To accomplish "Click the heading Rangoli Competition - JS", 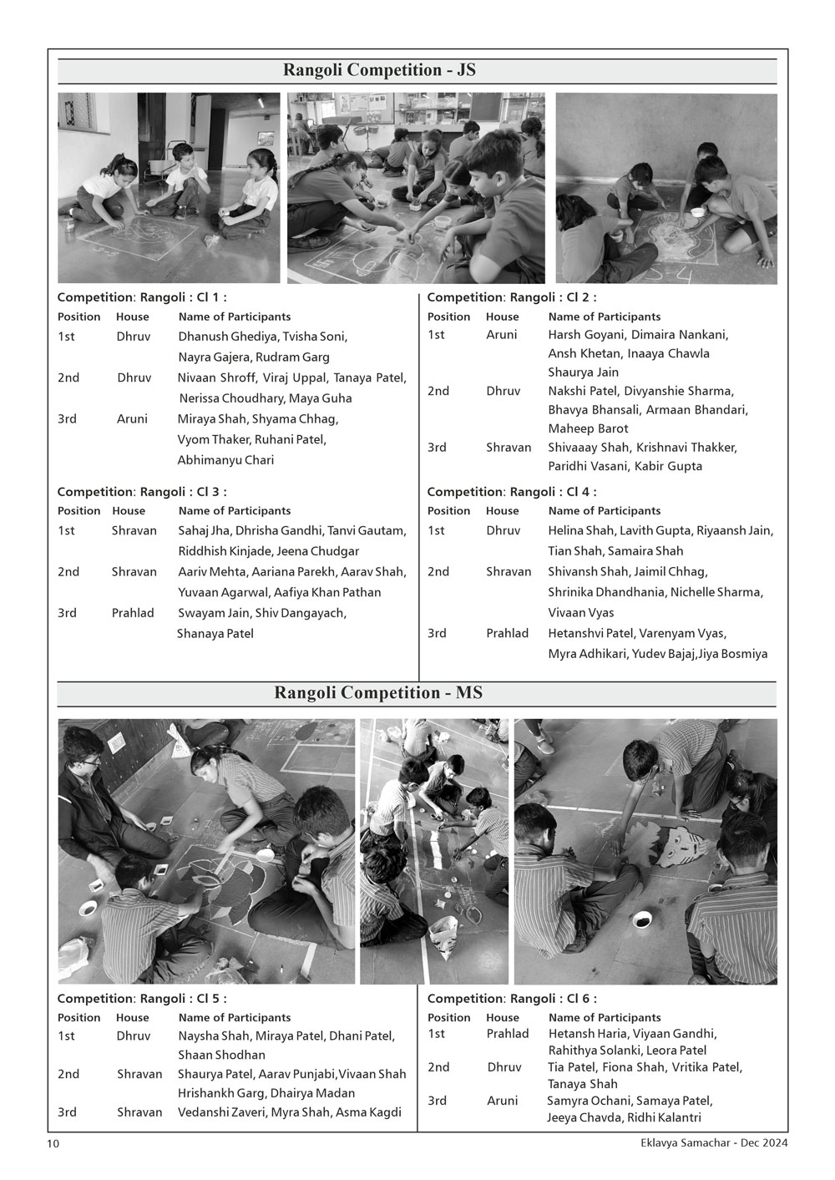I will [x=379, y=70].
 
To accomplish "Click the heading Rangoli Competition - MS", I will [x=377, y=693].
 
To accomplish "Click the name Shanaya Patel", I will [x=215, y=633].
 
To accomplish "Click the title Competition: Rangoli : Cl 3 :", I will [x=142, y=492].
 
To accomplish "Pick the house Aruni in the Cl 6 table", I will [x=503, y=1101].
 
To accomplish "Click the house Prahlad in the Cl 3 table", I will [x=133, y=613].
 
